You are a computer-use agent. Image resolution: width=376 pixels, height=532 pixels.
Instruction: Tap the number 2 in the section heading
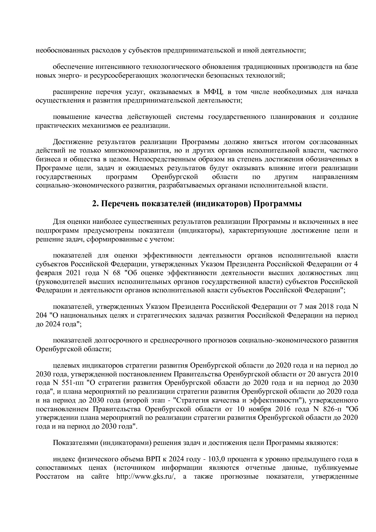coord(94,204)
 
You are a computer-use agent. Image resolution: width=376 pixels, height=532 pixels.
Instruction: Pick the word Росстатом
coord(52,485)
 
